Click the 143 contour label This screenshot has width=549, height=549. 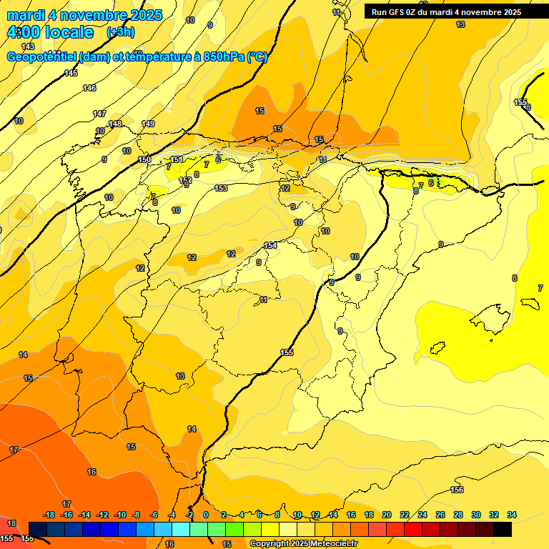click(27, 46)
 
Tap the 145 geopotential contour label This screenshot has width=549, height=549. click(71, 74)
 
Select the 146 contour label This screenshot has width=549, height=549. click(89, 88)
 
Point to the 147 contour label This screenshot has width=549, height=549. click(99, 114)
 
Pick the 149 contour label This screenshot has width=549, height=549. click(148, 124)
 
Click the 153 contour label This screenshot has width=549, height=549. click(221, 188)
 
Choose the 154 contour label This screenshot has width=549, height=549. click(270, 246)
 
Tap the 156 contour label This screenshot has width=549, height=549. click(457, 490)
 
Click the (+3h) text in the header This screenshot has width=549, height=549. click(120, 32)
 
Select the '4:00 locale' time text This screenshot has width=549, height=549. click(50, 32)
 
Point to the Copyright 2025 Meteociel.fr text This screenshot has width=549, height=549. click(303, 544)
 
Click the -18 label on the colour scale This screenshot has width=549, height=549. click(49, 515)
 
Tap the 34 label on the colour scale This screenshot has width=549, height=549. click(511, 515)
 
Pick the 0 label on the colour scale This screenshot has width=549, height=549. click(205, 515)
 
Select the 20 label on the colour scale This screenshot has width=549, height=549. click(387, 515)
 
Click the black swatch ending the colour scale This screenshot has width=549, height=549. click(503, 529)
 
